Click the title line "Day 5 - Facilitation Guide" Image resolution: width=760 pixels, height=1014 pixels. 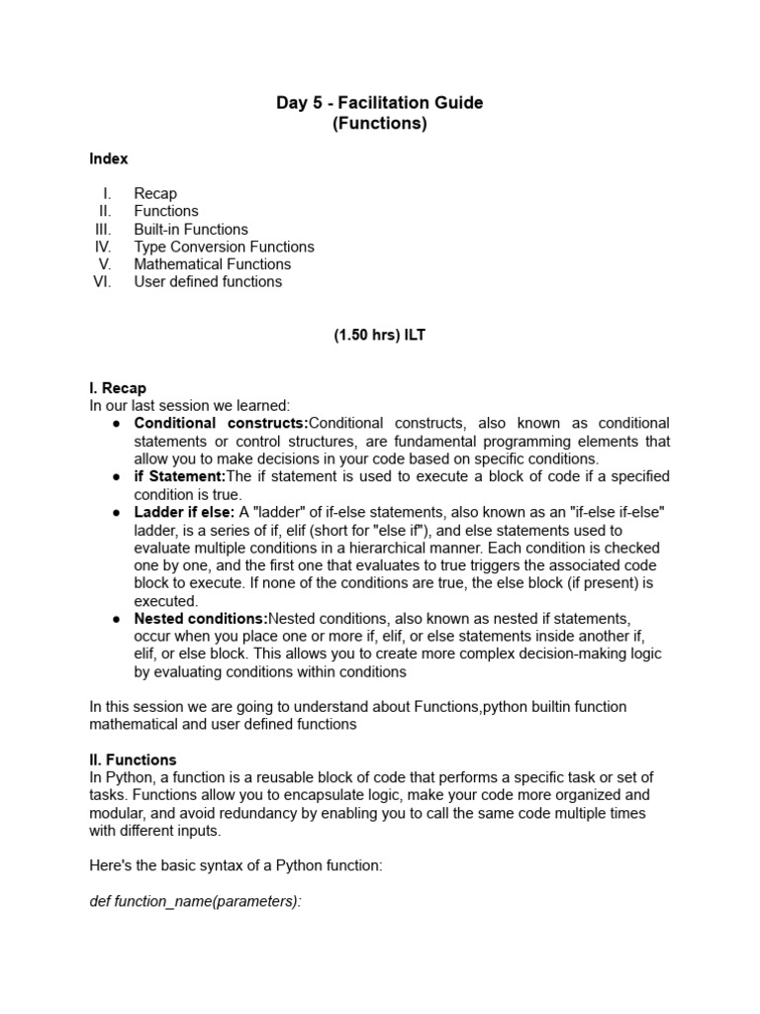[380, 103]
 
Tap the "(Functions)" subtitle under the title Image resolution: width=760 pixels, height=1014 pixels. [380, 124]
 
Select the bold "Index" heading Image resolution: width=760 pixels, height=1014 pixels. [108, 158]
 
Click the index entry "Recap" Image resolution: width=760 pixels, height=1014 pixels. [155, 193]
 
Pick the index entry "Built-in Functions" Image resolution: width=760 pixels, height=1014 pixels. [191, 229]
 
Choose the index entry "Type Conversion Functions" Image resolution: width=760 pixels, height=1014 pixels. [224, 247]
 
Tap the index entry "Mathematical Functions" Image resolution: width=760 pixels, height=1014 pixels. [213, 264]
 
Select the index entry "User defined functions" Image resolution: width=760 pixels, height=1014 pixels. [208, 282]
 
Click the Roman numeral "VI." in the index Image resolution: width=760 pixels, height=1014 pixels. [103, 282]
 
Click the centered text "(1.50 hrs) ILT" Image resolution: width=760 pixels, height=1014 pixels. [380, 336]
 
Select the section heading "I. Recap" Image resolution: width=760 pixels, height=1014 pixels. [118, 388]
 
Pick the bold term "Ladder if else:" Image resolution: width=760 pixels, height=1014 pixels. [184, 512]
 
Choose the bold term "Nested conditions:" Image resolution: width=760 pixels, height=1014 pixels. [201, 619]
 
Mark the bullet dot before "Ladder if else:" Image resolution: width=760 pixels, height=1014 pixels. [116, 512]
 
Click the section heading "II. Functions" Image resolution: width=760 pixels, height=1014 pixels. [133, 760]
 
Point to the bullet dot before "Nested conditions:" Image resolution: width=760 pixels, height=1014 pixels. [116, 619]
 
